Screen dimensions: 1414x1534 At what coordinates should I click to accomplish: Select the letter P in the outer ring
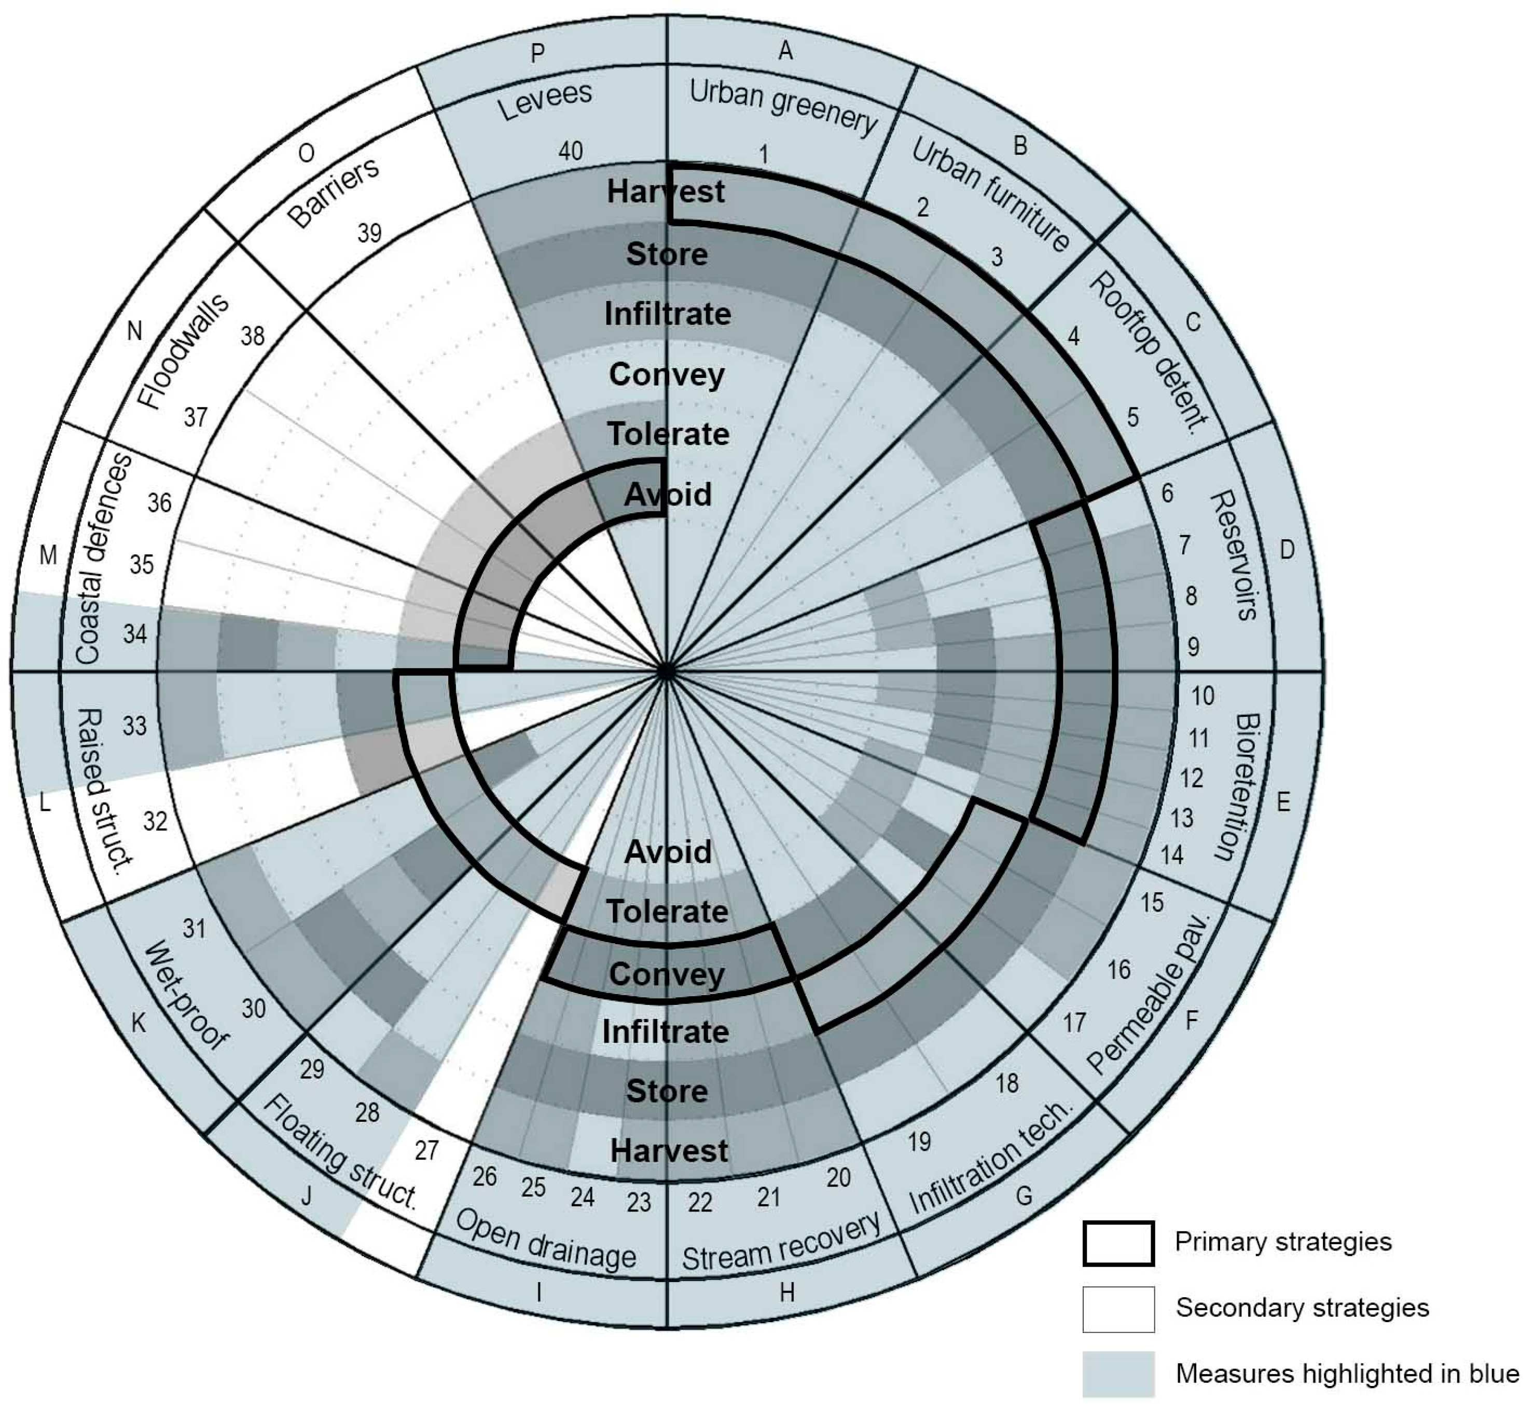point(537,53)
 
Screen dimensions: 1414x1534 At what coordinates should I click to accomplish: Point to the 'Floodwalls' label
point(184,351)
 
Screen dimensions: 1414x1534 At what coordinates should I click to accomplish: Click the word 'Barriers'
point(334,192)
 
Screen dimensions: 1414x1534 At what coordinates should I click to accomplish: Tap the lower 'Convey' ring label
point(667,974)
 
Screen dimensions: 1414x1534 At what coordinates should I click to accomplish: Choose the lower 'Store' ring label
point(667,1090)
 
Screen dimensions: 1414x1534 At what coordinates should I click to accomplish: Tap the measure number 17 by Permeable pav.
point(1074,1022)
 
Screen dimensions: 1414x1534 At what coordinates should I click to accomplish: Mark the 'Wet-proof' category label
point(186,995)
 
